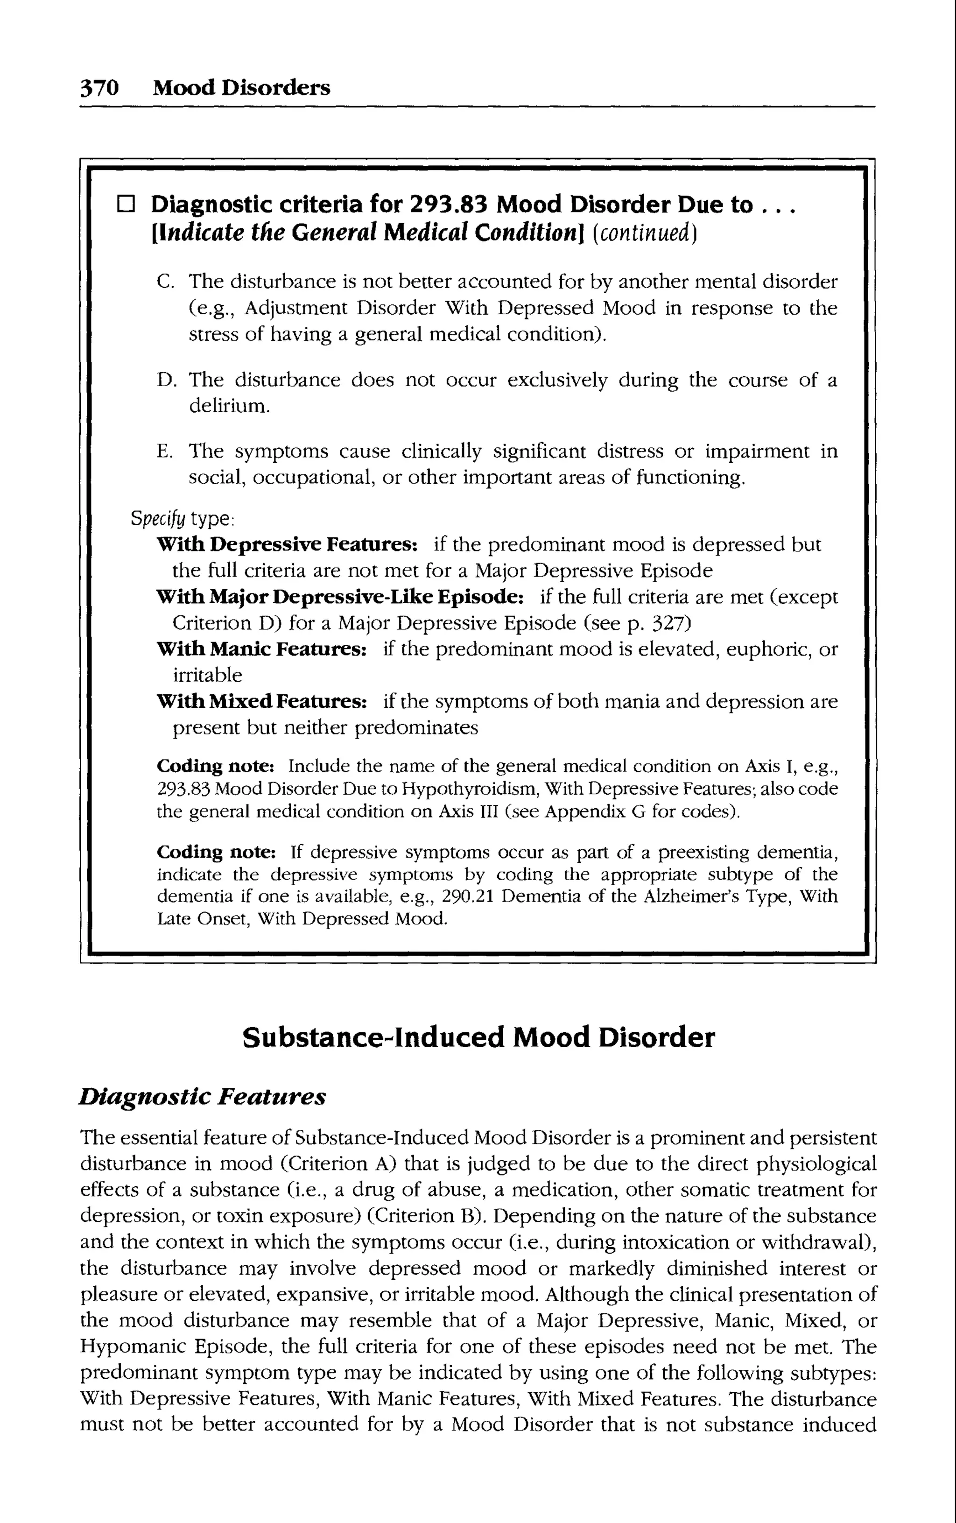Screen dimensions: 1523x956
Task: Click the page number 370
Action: pyautogui.click(x=99, y=87)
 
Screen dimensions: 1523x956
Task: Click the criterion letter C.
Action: pyautogui.click(x=164, y=282)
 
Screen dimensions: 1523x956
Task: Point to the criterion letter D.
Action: pyautogui.click(x=164, y=380)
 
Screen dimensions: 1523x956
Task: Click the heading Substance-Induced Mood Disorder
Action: pyautogui.click(x=478, y=1037)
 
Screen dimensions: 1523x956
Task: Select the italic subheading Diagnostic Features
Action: pyautogui.click(x=202, y=1096)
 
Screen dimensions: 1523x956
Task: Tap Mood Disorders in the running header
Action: pyautogui.click(x=241, y=87)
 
